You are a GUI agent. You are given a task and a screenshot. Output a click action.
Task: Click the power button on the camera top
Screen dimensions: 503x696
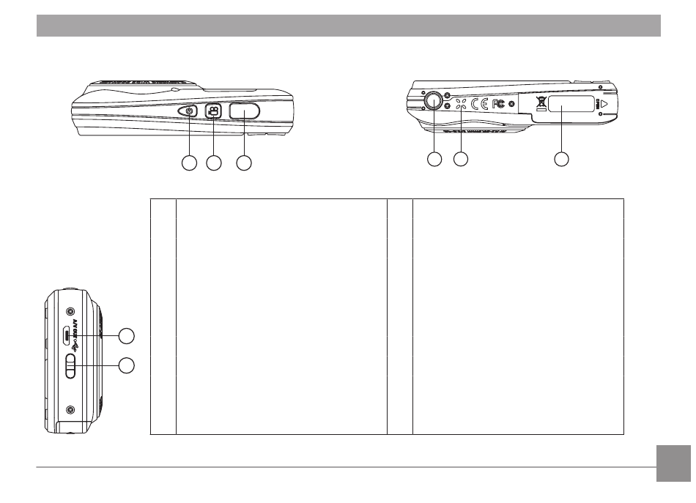[190, 111]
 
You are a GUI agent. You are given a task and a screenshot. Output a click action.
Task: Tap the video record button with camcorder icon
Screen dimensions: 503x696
[212, 111]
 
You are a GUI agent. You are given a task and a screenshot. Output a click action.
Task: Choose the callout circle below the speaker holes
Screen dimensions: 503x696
[461, 158]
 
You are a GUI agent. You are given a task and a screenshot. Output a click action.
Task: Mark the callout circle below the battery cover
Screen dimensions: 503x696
[562, 158]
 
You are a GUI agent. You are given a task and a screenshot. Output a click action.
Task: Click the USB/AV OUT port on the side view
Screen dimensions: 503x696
[67, 335]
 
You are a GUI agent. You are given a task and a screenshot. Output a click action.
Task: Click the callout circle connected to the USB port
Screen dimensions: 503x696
[127, 336]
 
